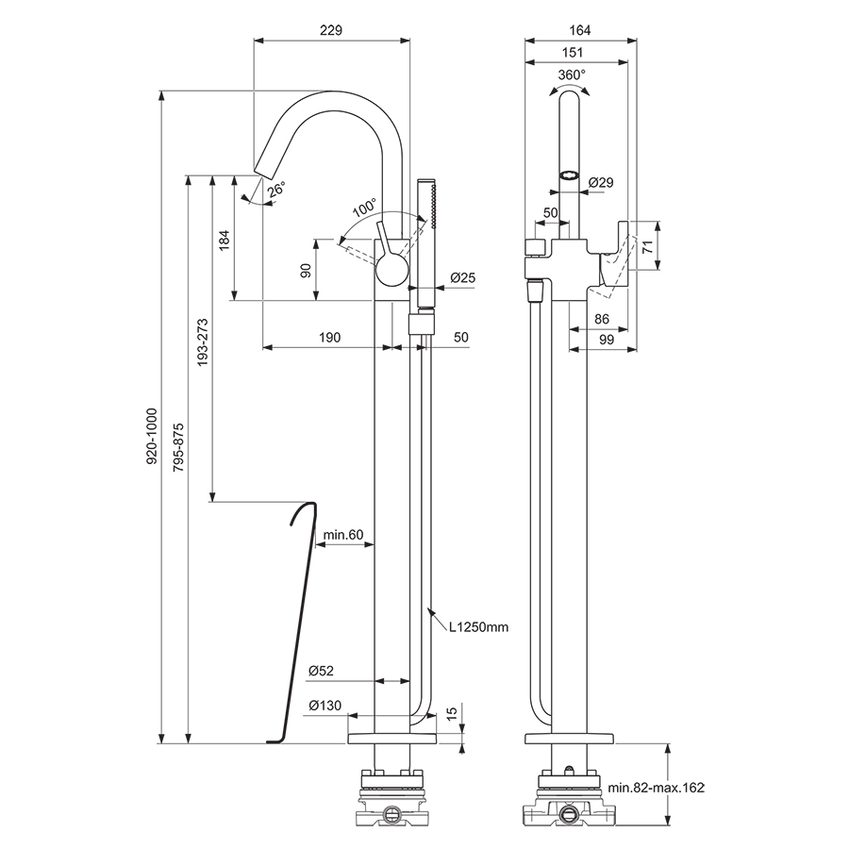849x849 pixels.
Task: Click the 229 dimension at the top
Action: click(x=330, y=30)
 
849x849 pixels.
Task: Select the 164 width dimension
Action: click(x=579, y=30)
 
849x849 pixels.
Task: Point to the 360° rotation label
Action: click(x=572, y=74)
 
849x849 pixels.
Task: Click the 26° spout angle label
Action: click(x=275, y=190)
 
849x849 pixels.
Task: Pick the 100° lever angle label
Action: click(x=364, y=206)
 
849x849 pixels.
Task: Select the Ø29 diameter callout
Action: click(x=601, y=181)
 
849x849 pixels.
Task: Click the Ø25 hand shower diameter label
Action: click(x=461, y=277)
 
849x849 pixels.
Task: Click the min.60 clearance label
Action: click(x=343, y=535)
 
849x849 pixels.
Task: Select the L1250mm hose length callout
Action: click(x=478, y=625)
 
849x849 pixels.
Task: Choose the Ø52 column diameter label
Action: click(x=321, y=671)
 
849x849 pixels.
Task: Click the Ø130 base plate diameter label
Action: click(x=324, y=706)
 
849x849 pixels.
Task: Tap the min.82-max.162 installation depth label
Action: click(x=656, y=787)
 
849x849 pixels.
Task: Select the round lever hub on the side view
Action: click(x=391, y=274)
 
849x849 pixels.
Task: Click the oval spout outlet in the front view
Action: click(x=569, y=175)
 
